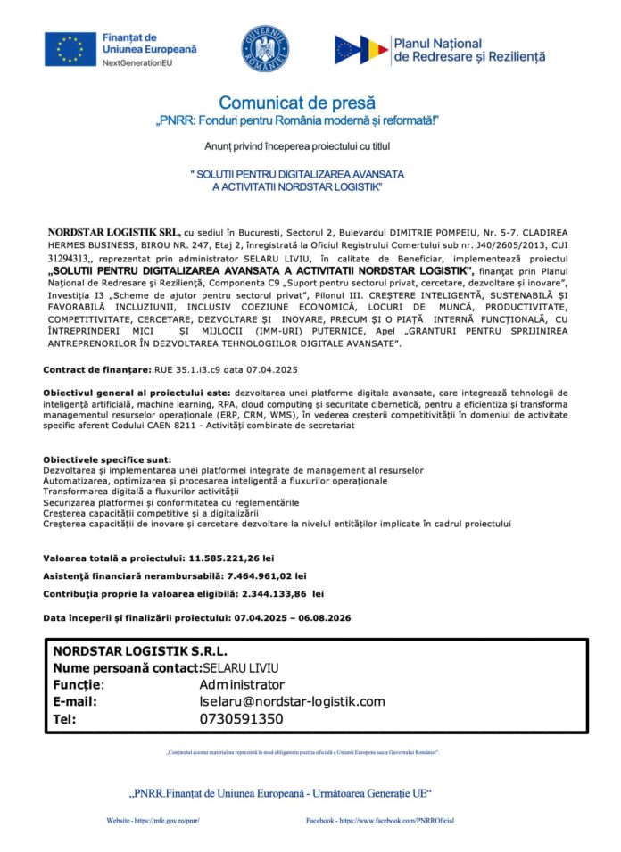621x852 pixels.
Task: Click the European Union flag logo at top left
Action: pyautogui.click(x=70, y=49)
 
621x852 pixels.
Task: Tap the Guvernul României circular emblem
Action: pyautogui.click(x=265, y=49)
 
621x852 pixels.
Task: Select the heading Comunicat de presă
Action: pyautogui.click(x=297, y=103)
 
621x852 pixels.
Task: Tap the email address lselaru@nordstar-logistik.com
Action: pyautogui.click(x=293, y=701)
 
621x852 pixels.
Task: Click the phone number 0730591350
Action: pyautogui.click(x=241, y=718)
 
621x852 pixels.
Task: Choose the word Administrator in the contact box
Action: pyautogui.click(x=242, y=684)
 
